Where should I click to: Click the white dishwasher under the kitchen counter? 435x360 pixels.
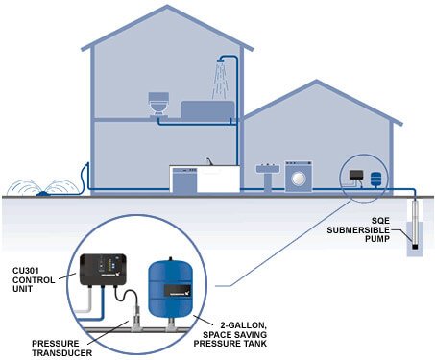click(x=183, y=180)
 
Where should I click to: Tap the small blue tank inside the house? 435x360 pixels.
click(x=374, y=178)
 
